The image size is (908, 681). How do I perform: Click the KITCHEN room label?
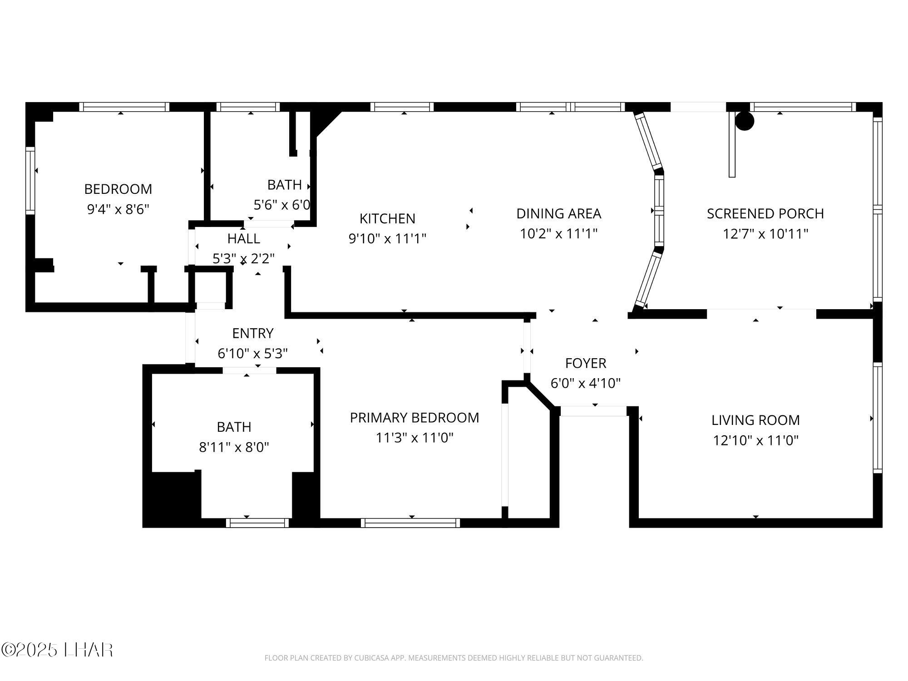point(387,218)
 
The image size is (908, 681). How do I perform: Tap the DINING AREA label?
point(558,213)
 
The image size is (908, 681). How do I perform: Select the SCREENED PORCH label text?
point(765,213)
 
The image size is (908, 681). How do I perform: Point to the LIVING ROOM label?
point(755,420)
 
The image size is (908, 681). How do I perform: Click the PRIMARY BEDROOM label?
point(415,418)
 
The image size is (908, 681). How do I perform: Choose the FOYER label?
point(586,363)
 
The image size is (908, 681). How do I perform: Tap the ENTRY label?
point(253,333)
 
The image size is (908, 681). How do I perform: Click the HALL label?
point(244,238)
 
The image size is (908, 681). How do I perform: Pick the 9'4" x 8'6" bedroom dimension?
point(118,209)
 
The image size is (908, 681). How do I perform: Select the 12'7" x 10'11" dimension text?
point(765,234)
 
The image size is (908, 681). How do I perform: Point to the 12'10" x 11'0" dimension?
point(755,440)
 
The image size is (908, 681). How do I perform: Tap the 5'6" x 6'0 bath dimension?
point(282,205)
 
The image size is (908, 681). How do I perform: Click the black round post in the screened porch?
point(745,121)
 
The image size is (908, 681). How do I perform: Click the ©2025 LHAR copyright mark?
point(57,650)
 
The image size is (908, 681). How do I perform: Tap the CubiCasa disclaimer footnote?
point(454,658)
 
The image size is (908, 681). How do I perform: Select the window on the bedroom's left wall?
point(30,180)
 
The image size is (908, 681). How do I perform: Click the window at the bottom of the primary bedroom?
point(410,523)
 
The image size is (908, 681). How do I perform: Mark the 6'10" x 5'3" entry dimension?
point(253,354)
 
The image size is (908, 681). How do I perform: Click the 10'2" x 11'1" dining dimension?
point(558,234)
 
